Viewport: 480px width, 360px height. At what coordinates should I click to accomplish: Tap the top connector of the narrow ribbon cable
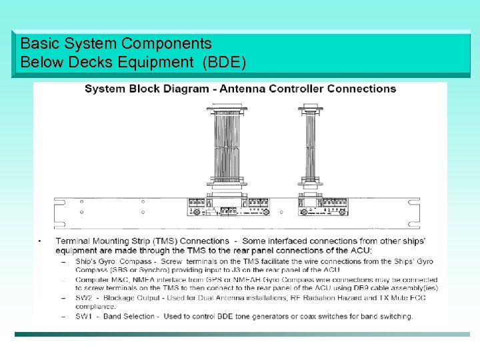311,107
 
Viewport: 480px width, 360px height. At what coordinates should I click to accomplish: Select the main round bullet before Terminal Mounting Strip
40,241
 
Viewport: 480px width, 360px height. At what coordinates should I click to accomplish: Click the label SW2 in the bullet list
84,297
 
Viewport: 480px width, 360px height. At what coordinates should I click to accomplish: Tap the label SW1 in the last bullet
84,316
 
